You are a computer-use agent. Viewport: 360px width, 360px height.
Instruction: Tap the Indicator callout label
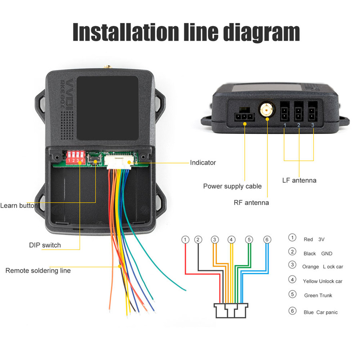(x=203, y=162)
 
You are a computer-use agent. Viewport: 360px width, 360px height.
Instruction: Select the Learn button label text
(x=19, y=206)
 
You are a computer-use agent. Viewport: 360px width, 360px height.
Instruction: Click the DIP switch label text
(x=45, y=245)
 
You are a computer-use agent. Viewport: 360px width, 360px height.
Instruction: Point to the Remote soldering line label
(x=38, y=270)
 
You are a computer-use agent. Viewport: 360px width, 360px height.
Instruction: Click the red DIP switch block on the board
(x=76, y=157)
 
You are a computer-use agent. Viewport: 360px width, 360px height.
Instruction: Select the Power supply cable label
(x=232, y=186)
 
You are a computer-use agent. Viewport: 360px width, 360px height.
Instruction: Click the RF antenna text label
(x=251, y=202)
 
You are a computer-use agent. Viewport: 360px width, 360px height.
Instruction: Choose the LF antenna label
(x=299, y=180)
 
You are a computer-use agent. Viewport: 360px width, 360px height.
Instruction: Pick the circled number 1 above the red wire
(x=185, y=239)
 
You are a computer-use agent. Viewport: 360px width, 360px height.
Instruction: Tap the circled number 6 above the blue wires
(x=267, y=239)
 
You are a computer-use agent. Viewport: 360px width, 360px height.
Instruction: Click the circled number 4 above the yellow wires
(x=231, y=239)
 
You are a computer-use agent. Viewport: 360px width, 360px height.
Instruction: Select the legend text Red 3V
(x=314, y=239)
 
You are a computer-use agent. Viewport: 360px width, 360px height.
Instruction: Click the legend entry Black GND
(x=318, y=253)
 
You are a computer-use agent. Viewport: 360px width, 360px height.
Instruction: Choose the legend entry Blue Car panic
(x=320, y=312)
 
